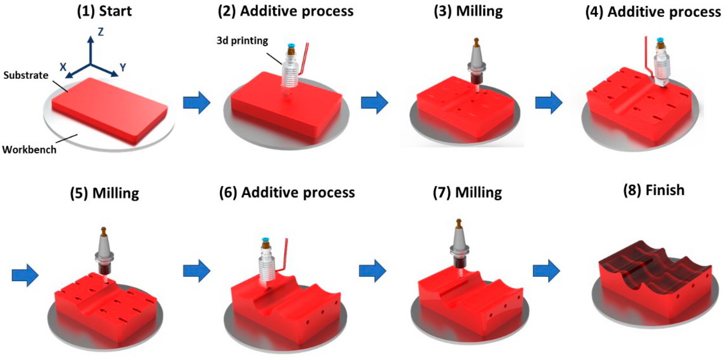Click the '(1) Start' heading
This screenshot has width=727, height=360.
pyautogui.click(x=105, y=11)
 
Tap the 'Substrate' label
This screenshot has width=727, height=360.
pyautogui.click(x=26, y=75)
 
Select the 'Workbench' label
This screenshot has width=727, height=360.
pyautogui.click(x=29, y=149)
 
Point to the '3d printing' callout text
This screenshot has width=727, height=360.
pyautogui.click(x=242, y=41)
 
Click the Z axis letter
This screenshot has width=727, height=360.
pyautogui.click(x=100, y=32)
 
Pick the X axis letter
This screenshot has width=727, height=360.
pyautogui.click(x=63, y=67)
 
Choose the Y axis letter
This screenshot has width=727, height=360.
pyautogui.click(x=123, y=67)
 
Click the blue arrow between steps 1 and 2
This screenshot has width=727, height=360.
pyautogui.click(x=197, y=102)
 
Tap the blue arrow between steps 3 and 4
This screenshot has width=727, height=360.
pyautogui.click(x=549, y=102)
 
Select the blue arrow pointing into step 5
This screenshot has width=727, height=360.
pyautogui.click(x=25, y=275)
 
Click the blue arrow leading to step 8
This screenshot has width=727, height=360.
pyautogui.click(x=546, y=271)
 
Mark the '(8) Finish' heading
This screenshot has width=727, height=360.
pyautogui.click(x=654, y=190)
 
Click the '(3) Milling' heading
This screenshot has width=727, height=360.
pyautogui.click(x=468, y=11)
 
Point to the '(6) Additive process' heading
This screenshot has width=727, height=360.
pyautogui.click(x=287, y=193)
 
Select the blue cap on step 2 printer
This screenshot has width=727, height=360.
pyautogui.click(x=291, y=45)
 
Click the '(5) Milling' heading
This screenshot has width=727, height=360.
pyautogui.click(x=105, y=193)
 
